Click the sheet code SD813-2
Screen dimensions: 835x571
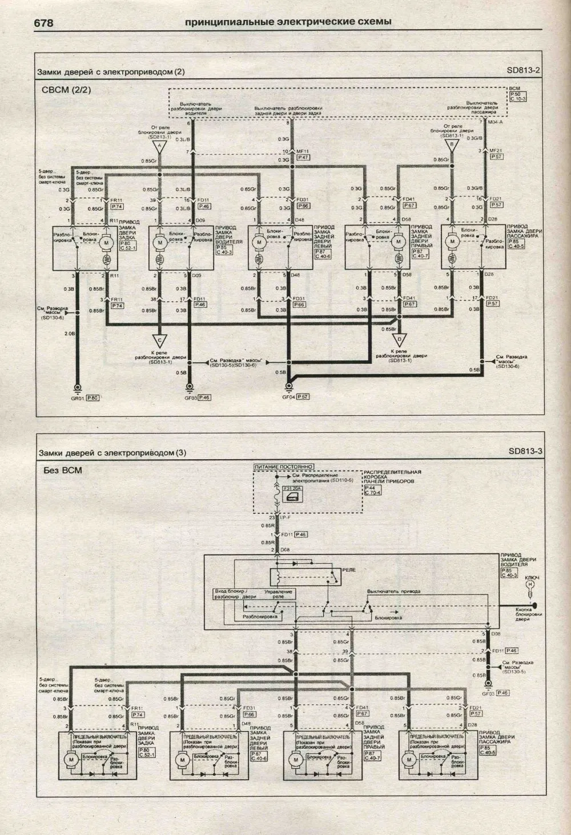[x=523, y=70]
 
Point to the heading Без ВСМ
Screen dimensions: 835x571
[x=63, y=471]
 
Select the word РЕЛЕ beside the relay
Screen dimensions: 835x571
[x=348, y=571]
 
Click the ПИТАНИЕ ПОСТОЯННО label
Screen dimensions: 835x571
[x=284, y=467]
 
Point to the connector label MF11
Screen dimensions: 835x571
[x=302, y=151]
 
